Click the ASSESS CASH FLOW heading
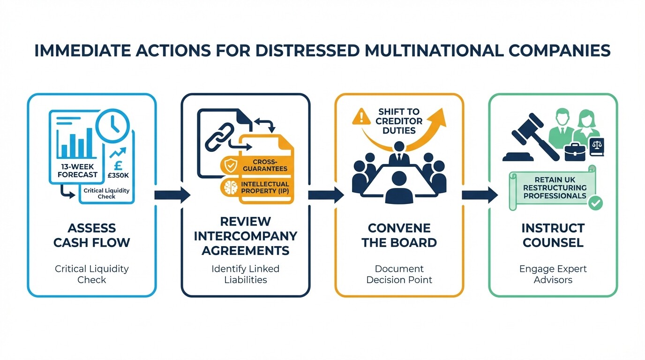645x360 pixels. tap(92, 235)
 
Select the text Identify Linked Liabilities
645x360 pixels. tap(245, 274)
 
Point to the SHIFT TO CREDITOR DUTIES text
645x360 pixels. tap(399, 121)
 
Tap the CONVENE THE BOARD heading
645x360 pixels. tap(399, 235)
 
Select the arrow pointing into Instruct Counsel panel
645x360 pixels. tap(480, 195)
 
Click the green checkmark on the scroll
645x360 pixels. tap(596, 203)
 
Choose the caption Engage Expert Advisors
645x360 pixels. tap(553, 274)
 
